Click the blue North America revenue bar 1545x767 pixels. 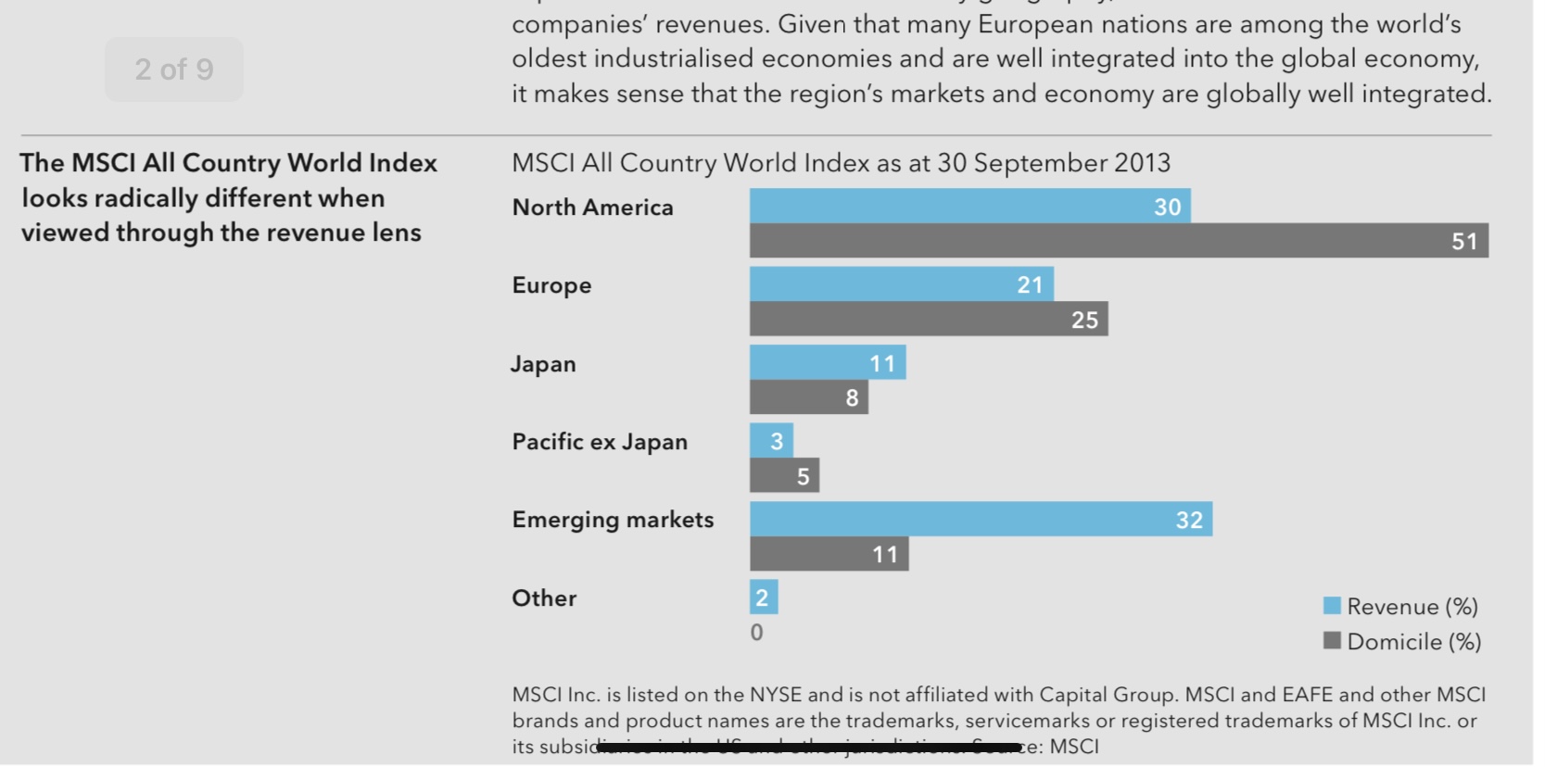[x=969, y=206]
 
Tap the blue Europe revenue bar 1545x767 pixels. [x=901, y=284]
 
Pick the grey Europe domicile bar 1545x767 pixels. [x=929, y=320]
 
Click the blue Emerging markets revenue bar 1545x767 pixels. [x=981, y=519]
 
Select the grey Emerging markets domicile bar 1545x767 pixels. [x=829, y=554]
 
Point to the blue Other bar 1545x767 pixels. [x=764, y=597]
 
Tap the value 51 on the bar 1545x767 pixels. [x=1463, y=242]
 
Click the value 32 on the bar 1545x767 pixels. [x=1189, y=521]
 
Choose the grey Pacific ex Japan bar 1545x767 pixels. [x=784, y=476]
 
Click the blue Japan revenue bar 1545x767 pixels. [x=828, y=362]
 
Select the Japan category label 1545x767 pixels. [x=543, y=364]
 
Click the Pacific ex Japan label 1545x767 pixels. [x=600, y=442]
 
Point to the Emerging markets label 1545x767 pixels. [x=613, y=520]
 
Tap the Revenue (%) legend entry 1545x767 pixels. [x=1400, y=607]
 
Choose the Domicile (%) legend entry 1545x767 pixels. [x=1402, y=642]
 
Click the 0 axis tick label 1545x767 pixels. [x=756, y=633]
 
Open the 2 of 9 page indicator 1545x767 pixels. [x=174, y=69]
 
